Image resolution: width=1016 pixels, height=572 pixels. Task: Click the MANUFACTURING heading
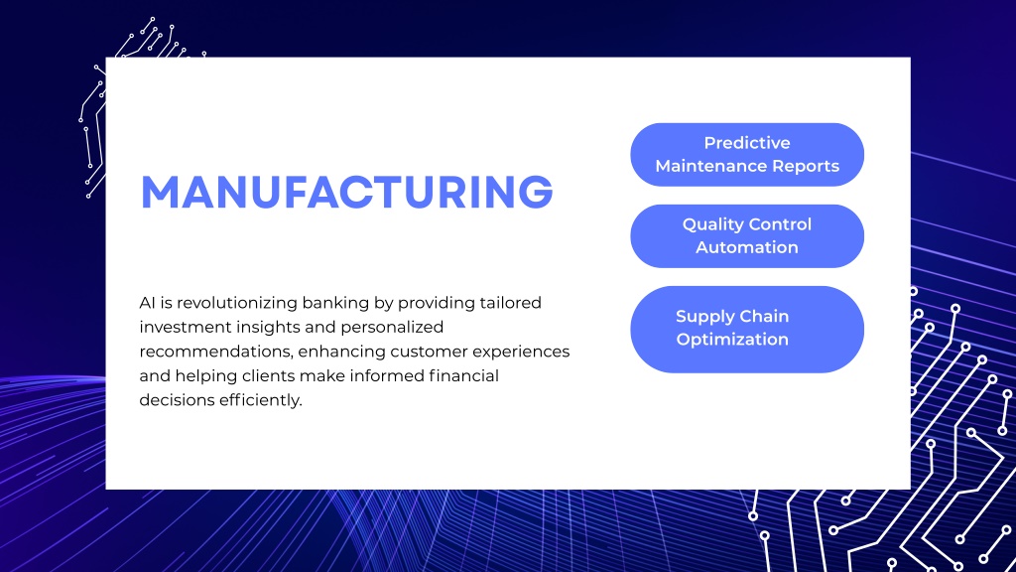click(346, 192)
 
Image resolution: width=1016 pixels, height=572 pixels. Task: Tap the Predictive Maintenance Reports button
click(747, 154)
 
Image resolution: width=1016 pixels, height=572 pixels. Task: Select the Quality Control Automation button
click(747, 236)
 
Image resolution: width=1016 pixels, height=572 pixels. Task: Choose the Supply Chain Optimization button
click(747, 330)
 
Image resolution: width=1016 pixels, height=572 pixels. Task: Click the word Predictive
click(747, 143)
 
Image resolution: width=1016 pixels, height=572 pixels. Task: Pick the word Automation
click(747, 247)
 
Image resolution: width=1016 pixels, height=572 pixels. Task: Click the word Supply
click(702, 317)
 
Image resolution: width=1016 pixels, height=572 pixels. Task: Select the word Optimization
click(732, 340)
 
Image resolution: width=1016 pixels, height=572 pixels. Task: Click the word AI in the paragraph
click(147, 303)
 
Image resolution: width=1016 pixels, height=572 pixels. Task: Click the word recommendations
click(216, 352)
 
